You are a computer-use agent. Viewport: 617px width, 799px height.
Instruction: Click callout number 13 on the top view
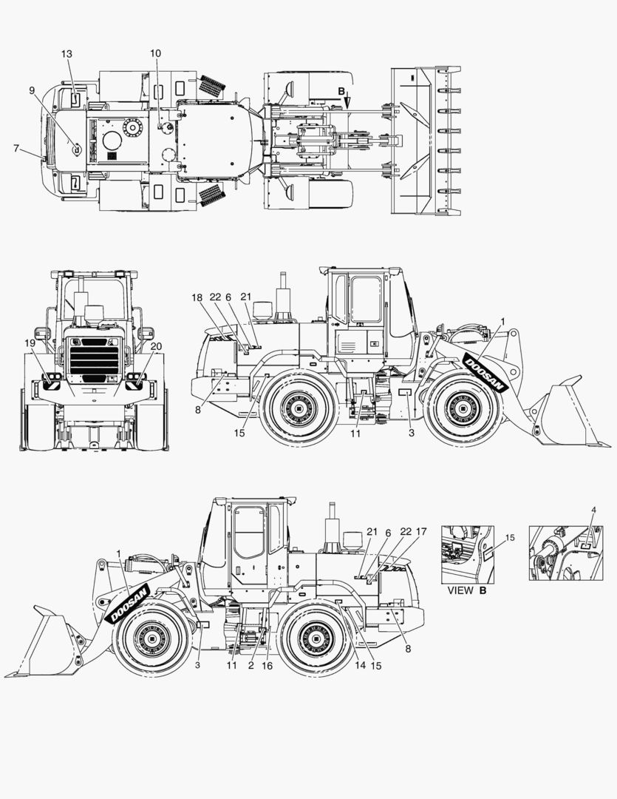[67, 53]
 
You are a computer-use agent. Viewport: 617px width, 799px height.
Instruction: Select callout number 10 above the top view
[155, 53]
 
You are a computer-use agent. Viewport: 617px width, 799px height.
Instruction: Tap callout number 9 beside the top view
[32, 90]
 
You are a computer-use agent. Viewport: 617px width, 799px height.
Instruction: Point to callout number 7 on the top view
[16, 148]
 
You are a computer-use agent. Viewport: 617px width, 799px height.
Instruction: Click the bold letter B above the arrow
[341, 91]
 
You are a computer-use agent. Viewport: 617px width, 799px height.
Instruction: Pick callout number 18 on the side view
[197, 297]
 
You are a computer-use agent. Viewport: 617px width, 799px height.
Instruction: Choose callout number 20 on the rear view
[155, 345]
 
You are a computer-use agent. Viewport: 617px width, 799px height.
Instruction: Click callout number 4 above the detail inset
[594, 509]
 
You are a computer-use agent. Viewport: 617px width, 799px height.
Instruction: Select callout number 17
[421, 531]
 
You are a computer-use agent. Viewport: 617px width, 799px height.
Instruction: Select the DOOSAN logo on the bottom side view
[129, 604]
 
